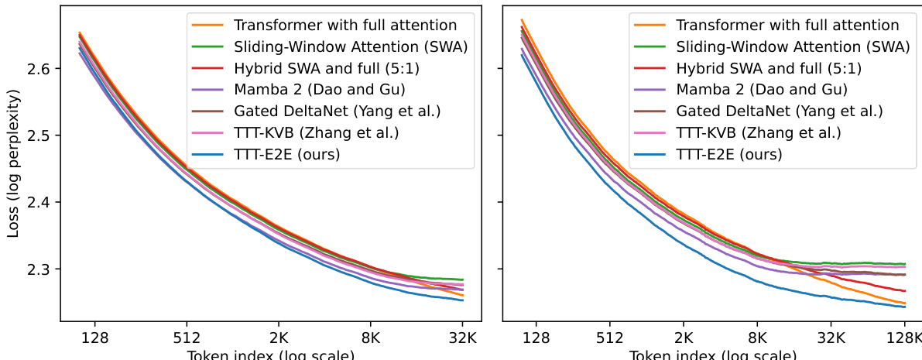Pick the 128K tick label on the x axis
(903, 338)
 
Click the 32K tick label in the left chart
(463, 338)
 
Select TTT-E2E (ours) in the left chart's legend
(287, 154)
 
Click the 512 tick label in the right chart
(610, 338)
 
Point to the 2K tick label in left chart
(279, 338)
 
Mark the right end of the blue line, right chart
(905, 307)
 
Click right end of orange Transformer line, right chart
(905, 303)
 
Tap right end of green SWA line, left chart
(463, 279)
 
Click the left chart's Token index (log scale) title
(271, 355)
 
